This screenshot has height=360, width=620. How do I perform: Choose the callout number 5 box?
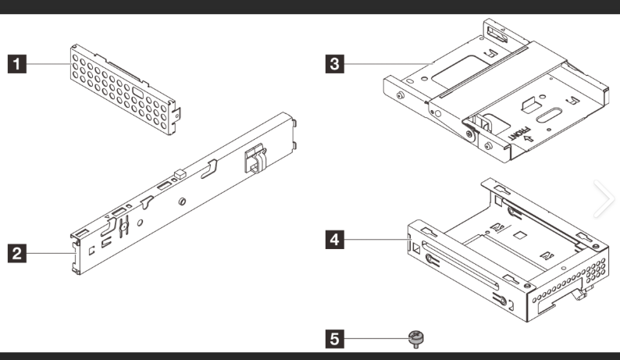tap(334, 339)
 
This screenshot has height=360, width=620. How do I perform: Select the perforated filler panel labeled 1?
tap(125, 86)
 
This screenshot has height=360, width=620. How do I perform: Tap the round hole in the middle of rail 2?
tap(181, 201)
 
